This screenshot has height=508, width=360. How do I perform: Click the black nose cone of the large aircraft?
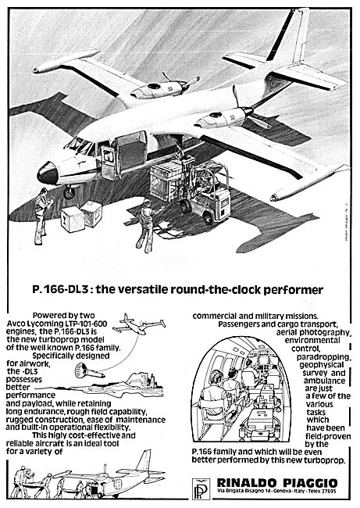click(48, 174)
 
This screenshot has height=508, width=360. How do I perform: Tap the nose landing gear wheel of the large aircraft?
click(69, 193)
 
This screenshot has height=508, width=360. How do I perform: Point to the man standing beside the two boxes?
click(41, 216)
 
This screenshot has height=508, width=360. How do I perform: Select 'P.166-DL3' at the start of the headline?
click(61, 289)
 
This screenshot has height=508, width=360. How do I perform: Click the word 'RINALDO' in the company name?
click(247, 482)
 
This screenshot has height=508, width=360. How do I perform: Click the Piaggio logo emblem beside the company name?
click(201, 488)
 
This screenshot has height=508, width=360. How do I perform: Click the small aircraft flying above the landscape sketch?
click(139, 324)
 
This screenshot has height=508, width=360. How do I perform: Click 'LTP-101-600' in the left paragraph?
click(86, 324)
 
